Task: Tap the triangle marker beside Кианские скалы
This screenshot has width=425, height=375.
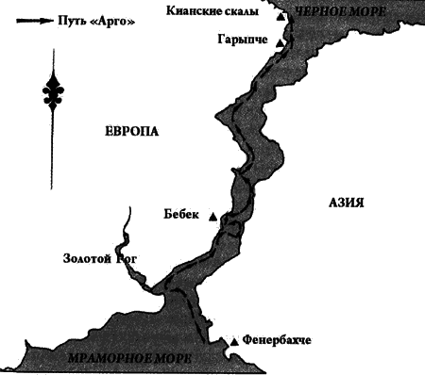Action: tap(280, 16)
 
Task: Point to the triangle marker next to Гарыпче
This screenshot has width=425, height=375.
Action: tap(280, 42)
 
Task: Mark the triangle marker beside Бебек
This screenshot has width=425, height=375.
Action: tap(212, 218)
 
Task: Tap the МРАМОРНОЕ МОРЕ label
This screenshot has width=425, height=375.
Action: tap(129, 359)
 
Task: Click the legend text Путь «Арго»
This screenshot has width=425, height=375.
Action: tap(93, 22)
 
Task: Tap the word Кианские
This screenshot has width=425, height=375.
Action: tap(197, 11)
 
